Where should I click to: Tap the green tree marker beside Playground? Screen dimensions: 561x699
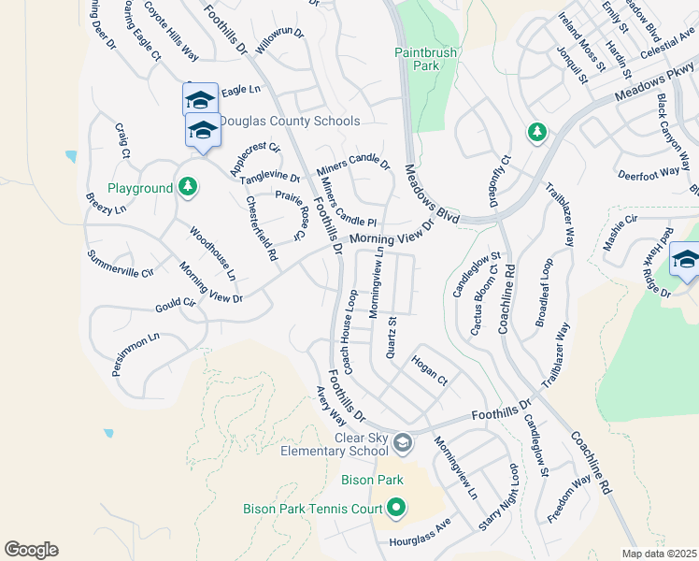[188, 188]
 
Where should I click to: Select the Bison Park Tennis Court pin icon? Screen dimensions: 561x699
[397, 509]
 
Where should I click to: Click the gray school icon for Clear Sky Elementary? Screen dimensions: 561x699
[403, 442]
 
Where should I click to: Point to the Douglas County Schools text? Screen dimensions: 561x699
[288, 122]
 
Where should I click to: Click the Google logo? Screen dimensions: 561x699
[31, 550]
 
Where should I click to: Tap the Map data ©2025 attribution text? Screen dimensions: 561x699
[658, 554]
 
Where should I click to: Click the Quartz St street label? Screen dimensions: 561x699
[392, 338]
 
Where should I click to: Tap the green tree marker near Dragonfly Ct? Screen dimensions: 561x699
[536, 133]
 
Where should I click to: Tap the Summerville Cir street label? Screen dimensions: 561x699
[120, 265]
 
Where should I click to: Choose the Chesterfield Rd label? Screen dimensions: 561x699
[262, 228]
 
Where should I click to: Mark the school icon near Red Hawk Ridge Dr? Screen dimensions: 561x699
[685, 260]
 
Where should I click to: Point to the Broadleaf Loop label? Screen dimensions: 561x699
[545, 292]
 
